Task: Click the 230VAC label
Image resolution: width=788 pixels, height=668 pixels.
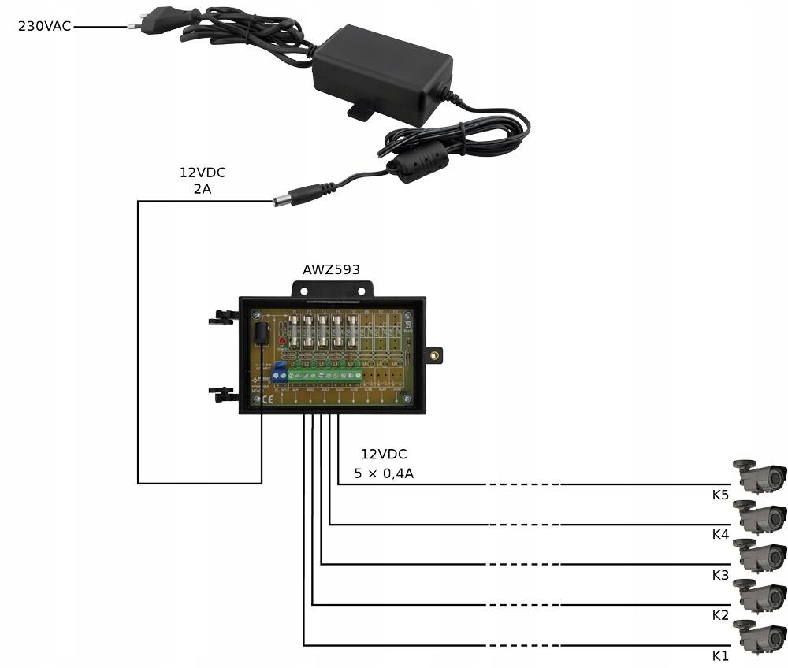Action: pyautogui.click(x=44, y=26)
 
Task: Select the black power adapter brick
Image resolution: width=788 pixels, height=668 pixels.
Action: pyautogui.click(x=381, y=71)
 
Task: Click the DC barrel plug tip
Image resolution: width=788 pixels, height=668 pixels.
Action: pyautogui.click(x=279, y=200)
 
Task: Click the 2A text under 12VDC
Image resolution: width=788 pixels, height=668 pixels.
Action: pyautogui.click(x=202, y=189)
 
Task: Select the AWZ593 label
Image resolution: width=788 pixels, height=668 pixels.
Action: pyautogui.click(x=331, y=269)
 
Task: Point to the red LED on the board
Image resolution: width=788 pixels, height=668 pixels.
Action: pyautogui.click(x=281, y=341)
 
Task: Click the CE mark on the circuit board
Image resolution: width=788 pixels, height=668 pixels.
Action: pyautogui.click(x=266, y=399)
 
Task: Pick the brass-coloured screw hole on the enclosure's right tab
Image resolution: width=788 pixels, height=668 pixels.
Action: pyautogui.click(x=433, y=355)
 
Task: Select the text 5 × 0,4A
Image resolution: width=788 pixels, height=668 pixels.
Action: pyautogui.click(x=384, y=474)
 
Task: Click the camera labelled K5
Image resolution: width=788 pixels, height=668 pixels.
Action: pyautogui.click(x=761, y=475)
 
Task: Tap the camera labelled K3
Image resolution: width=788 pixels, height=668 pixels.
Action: pyautogui.click(x=761, y=555)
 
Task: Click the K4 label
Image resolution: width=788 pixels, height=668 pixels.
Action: pyautogui.click(x=720, y=535)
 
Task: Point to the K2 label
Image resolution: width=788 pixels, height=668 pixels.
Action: pyautogui.click(x=720, y=615)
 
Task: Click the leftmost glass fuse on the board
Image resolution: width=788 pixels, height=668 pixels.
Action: pyautogui.click(x=295, y=334)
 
